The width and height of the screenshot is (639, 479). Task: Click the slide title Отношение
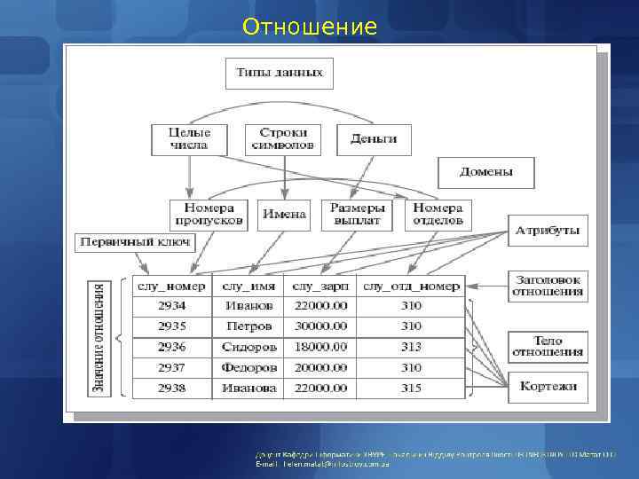[310, 27]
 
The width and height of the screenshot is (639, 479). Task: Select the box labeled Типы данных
[280, 73]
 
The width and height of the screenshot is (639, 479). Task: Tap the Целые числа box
[188, 138]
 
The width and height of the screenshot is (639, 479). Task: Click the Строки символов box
[283, 138]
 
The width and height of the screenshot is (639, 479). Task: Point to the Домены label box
[486, 172]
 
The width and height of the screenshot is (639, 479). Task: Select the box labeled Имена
[284, 214]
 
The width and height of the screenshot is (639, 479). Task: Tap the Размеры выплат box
[356, 214]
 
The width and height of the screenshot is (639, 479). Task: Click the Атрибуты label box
[547, 232]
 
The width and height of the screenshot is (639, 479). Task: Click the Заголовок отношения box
[547, 285]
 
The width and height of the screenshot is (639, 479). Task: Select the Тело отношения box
[547, 347]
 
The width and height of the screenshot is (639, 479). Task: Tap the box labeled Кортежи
[547, 386]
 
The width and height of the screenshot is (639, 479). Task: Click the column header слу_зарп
[320, 286]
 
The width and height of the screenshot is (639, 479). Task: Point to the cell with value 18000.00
[320, 347]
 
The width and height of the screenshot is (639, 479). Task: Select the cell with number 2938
[172, 388]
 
